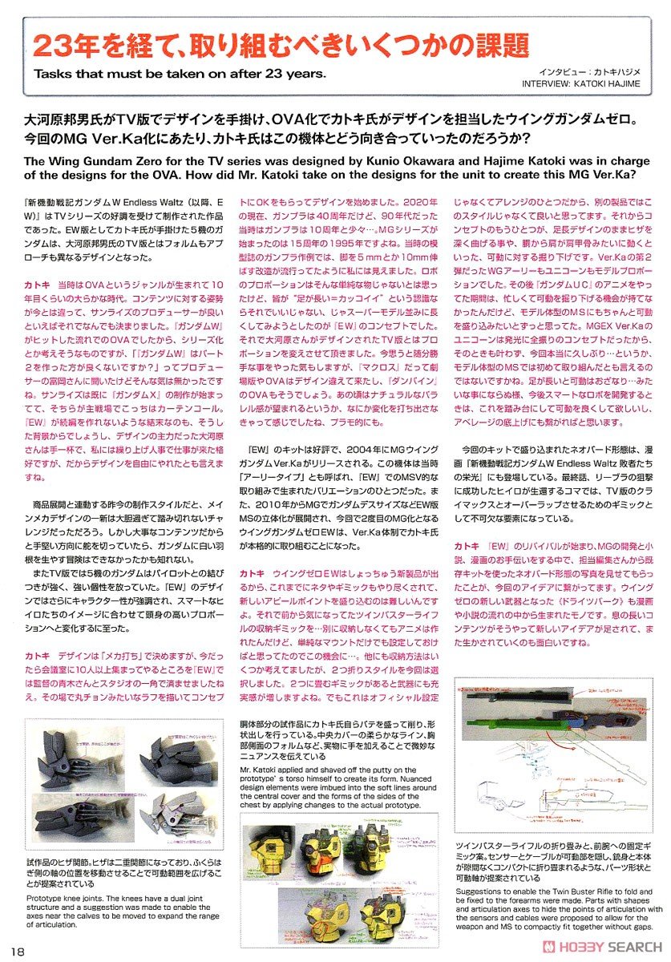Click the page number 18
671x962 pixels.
[x=19, y=951]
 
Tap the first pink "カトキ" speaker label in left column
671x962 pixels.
[x=37, y=285]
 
